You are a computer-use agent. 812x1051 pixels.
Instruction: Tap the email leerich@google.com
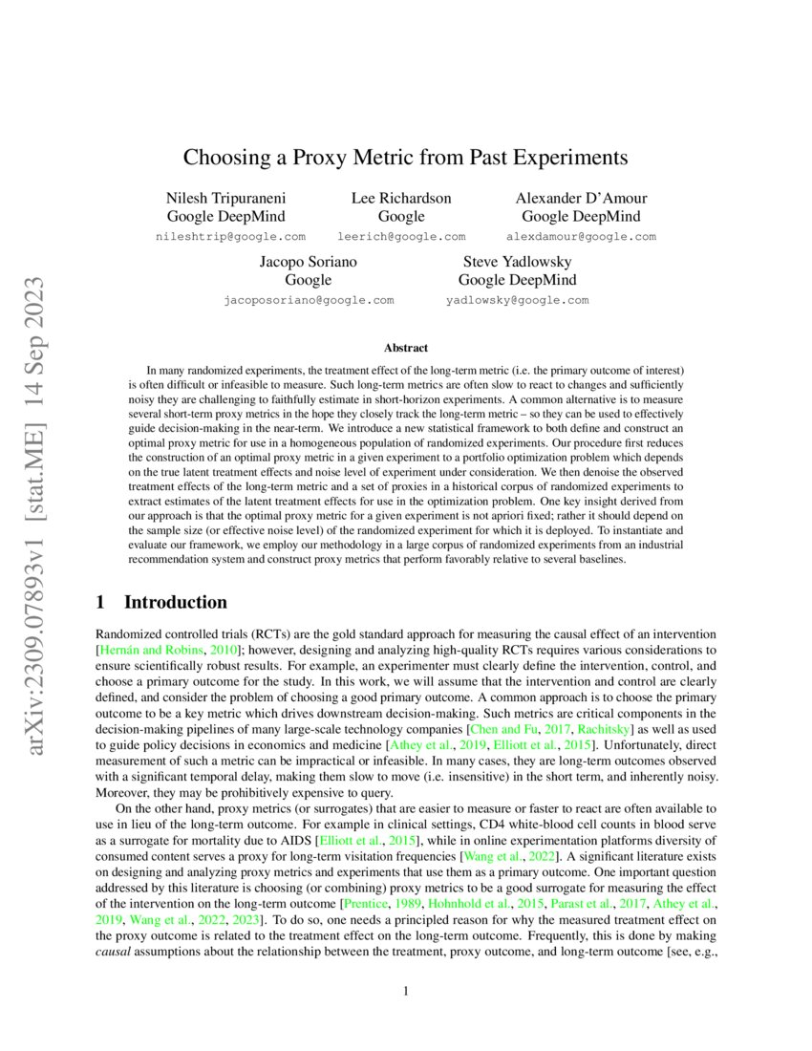coord(401,236)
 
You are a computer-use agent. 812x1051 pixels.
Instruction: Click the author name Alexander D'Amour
coord(581,198)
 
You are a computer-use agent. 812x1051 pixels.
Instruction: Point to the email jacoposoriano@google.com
coord(309,300)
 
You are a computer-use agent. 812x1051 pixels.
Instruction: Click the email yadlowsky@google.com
coord(517,300)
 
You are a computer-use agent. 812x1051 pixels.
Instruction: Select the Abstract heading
coord(405,348)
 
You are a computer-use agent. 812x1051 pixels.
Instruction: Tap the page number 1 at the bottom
coord(406,991)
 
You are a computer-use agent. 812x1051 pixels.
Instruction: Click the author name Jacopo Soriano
coord(309,261)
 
